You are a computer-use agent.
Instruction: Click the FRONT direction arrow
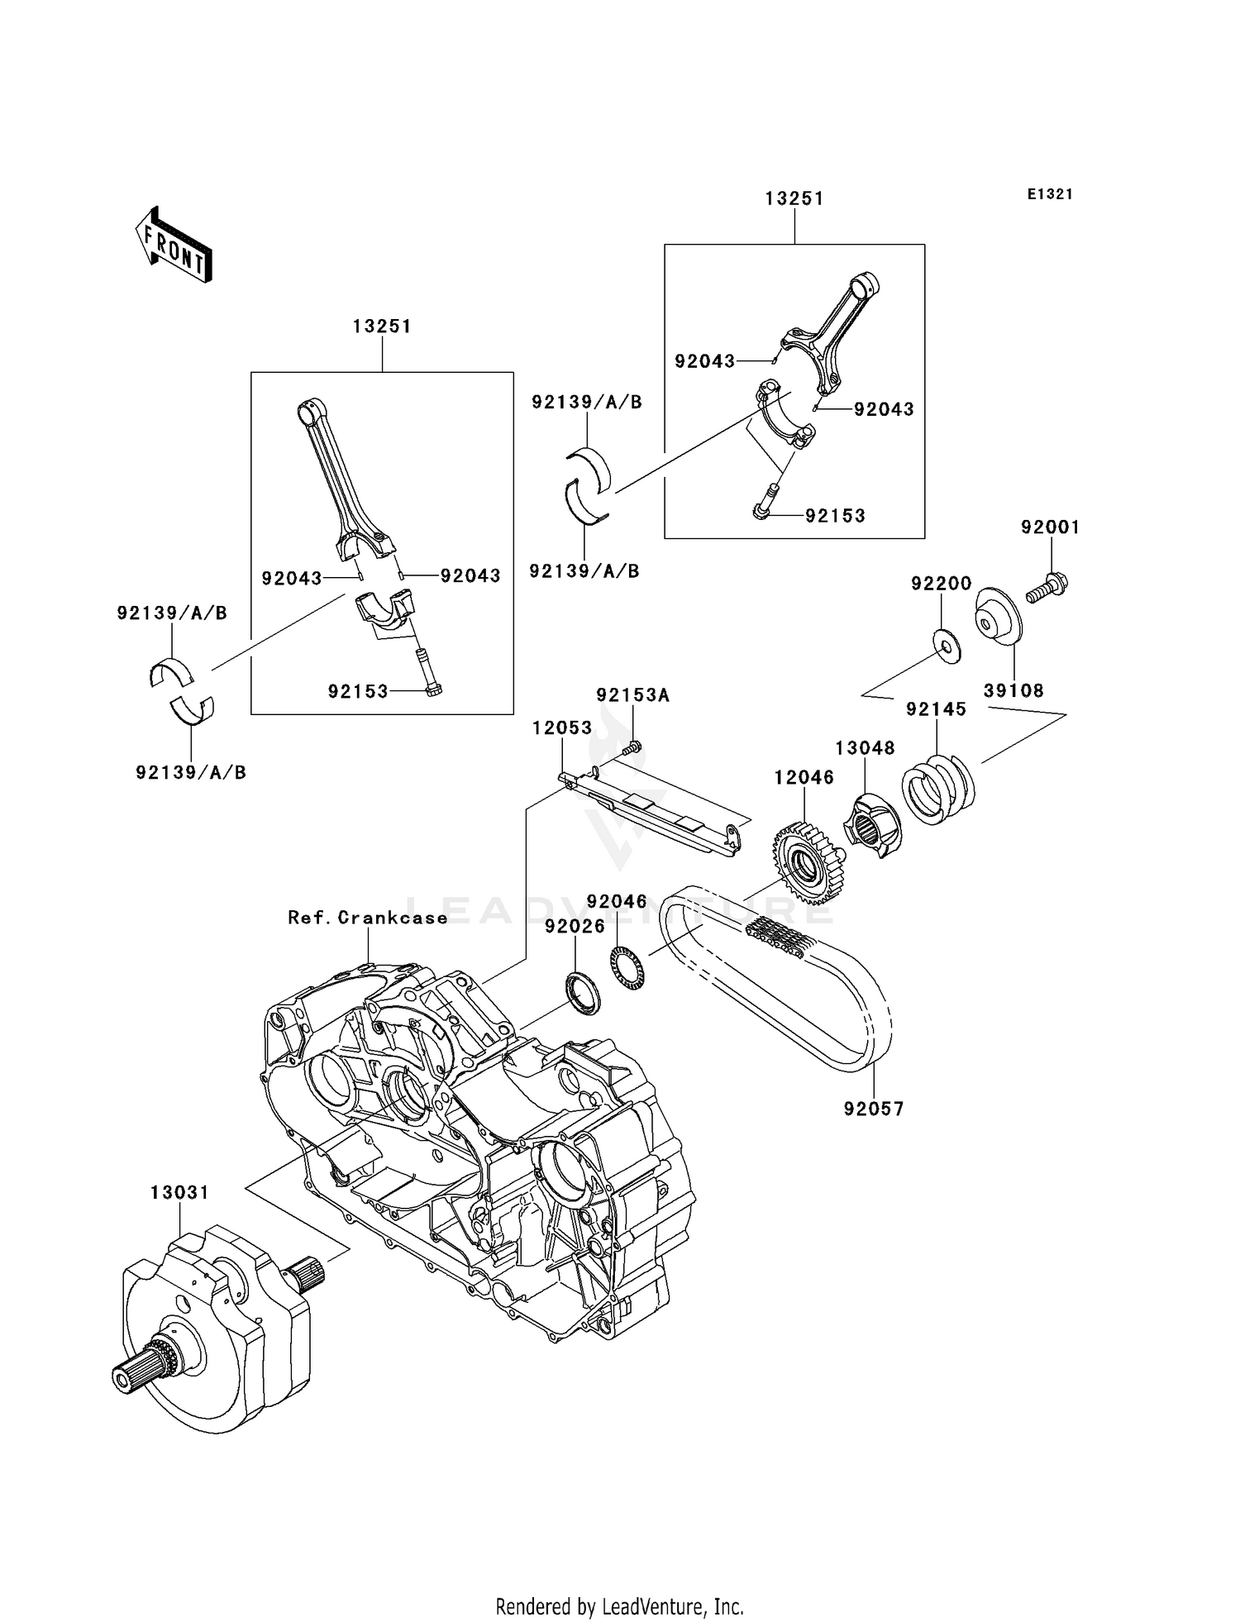174,246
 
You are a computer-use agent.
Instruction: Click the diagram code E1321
1050,194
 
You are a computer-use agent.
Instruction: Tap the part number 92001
1050,527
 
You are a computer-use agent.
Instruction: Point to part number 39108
1013,690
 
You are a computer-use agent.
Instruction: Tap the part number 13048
865,748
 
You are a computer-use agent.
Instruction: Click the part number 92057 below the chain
874,1109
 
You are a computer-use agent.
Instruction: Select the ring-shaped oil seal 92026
583,994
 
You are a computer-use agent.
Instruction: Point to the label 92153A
632,696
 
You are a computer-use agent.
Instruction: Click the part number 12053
562,728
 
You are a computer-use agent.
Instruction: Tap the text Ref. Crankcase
368,918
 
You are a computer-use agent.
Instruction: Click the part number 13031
179,1193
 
